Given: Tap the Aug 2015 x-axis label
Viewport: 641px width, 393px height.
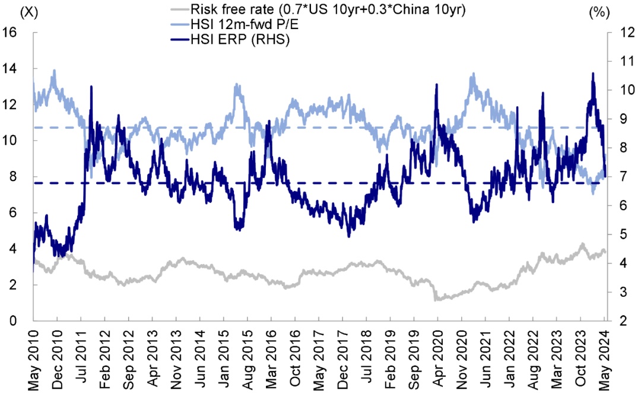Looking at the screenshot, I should (247, 359).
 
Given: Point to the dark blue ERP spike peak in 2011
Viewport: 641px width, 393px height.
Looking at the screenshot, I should (91, 87).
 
